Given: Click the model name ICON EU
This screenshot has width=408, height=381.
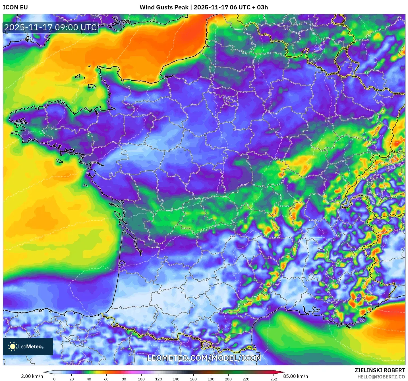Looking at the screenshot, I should point(15,7).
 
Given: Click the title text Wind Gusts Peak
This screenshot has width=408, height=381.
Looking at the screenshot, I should point(164,7).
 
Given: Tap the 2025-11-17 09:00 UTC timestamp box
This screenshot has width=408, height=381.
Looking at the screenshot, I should point(51,27).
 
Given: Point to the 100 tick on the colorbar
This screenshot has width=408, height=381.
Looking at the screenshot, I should point(141,379).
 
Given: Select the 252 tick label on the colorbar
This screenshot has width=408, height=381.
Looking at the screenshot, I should point(274,379).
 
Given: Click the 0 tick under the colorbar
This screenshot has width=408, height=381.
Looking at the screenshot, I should point(54,379).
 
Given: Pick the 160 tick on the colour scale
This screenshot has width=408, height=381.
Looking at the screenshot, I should point(193,379).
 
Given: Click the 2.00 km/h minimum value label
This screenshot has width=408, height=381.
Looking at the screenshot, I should point(32,376).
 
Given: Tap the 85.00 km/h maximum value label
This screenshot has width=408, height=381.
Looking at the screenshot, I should point(296,376).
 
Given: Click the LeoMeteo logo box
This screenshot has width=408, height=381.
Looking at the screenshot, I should point(28,347).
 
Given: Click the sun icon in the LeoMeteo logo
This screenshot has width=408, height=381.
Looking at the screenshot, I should point(13,347).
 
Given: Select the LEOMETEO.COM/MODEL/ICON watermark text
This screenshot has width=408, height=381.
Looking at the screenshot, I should point(204,358).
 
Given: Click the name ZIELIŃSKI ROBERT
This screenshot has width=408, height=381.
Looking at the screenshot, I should point(380,370).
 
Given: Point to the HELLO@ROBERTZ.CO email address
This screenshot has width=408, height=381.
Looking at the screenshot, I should point(381,377).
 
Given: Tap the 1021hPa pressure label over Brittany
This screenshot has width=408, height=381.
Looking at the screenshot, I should point(34,132).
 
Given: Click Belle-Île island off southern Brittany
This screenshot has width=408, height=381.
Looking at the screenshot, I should point(59,161).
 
